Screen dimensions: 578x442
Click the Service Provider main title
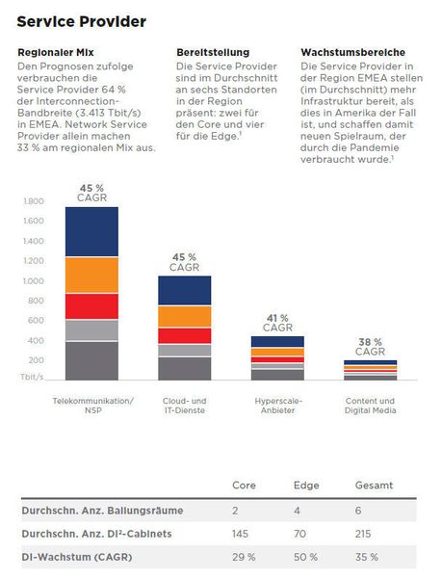[x=82, y=21]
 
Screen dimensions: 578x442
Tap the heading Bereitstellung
[x=213, y=52]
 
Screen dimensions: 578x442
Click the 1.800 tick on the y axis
[x=33, y=201]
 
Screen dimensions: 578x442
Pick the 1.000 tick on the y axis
[x=33, y=281]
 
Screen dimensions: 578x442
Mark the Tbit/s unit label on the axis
[x=33, y=379]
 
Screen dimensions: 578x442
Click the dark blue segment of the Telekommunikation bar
[x=91, y=231]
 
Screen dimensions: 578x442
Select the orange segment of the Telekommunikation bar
[x=91, y=275]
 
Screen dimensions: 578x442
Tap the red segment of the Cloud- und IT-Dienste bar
[x=184, y=335]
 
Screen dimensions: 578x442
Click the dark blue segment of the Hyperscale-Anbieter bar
[x=276, y=341]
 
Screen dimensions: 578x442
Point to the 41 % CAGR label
[x=277, y=322]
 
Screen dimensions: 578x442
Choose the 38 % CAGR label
[x=370, y=346]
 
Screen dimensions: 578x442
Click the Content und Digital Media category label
[x=370, y=406]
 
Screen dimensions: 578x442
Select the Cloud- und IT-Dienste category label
[x=184, y=406]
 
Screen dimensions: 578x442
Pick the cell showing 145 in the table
[x=242, y=534]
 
